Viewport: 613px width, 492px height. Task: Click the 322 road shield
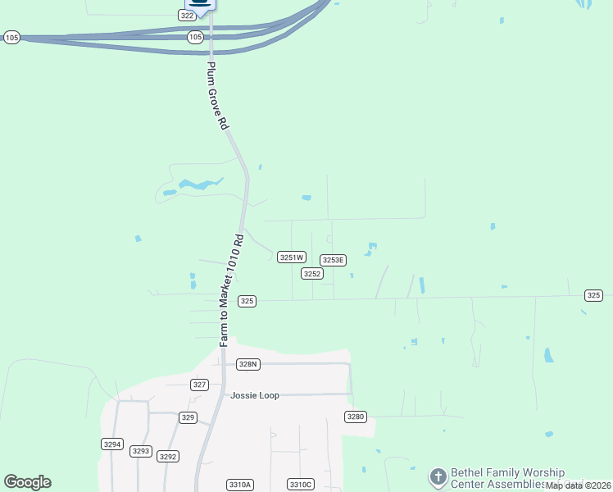187,16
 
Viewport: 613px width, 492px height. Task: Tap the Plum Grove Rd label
216,97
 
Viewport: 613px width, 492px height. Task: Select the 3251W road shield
292,257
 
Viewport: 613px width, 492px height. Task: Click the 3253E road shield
333,260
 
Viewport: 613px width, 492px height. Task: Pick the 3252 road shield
311,273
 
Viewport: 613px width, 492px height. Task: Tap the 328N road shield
247,364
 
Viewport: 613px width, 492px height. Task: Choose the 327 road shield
199,385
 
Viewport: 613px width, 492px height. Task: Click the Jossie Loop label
255,395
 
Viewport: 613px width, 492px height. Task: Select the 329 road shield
188,417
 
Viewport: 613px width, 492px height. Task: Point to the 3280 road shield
355,417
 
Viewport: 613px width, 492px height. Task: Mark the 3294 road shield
112,444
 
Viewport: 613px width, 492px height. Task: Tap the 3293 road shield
141,451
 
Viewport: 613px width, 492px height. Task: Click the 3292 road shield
168,457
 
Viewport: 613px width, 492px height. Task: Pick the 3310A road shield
240,485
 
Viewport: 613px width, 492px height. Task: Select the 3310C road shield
301,485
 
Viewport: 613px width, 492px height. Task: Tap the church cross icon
438,476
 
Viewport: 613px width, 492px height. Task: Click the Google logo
27,482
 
